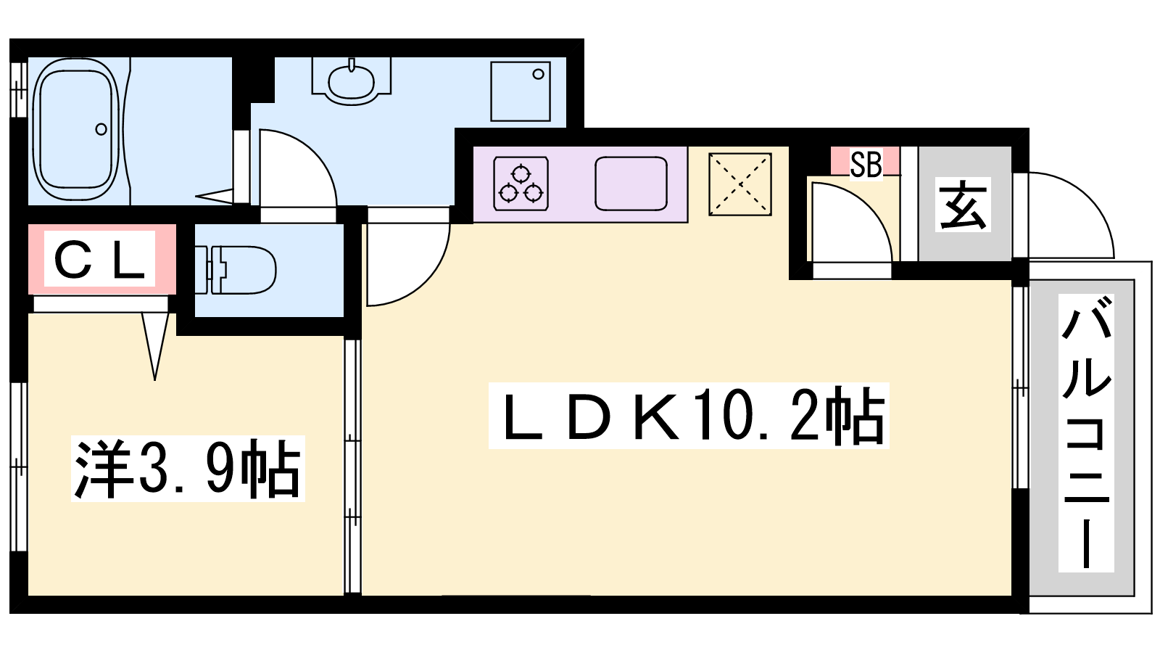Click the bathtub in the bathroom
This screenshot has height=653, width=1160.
coord(76,131)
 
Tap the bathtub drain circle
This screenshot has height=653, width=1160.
coord(101,130)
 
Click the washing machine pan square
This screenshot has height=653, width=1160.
coord(520,91)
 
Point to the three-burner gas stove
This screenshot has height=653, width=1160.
coord(521,184)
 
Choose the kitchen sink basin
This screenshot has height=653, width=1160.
coord(631,184)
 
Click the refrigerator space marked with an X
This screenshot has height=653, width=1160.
coord(739,184)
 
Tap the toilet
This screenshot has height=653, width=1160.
coord(239,270)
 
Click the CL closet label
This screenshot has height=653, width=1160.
coord(100,260)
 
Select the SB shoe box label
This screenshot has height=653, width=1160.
coord(866,165)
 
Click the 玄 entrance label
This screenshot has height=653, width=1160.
coord(964,205)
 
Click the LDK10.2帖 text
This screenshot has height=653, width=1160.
coord(689,416)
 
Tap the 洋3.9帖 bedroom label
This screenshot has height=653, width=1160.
coord(188,468)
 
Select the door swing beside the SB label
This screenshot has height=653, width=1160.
coord(848,225)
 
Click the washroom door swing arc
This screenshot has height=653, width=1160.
coord(297,171)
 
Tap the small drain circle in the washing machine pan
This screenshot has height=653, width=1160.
coord(538,74)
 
